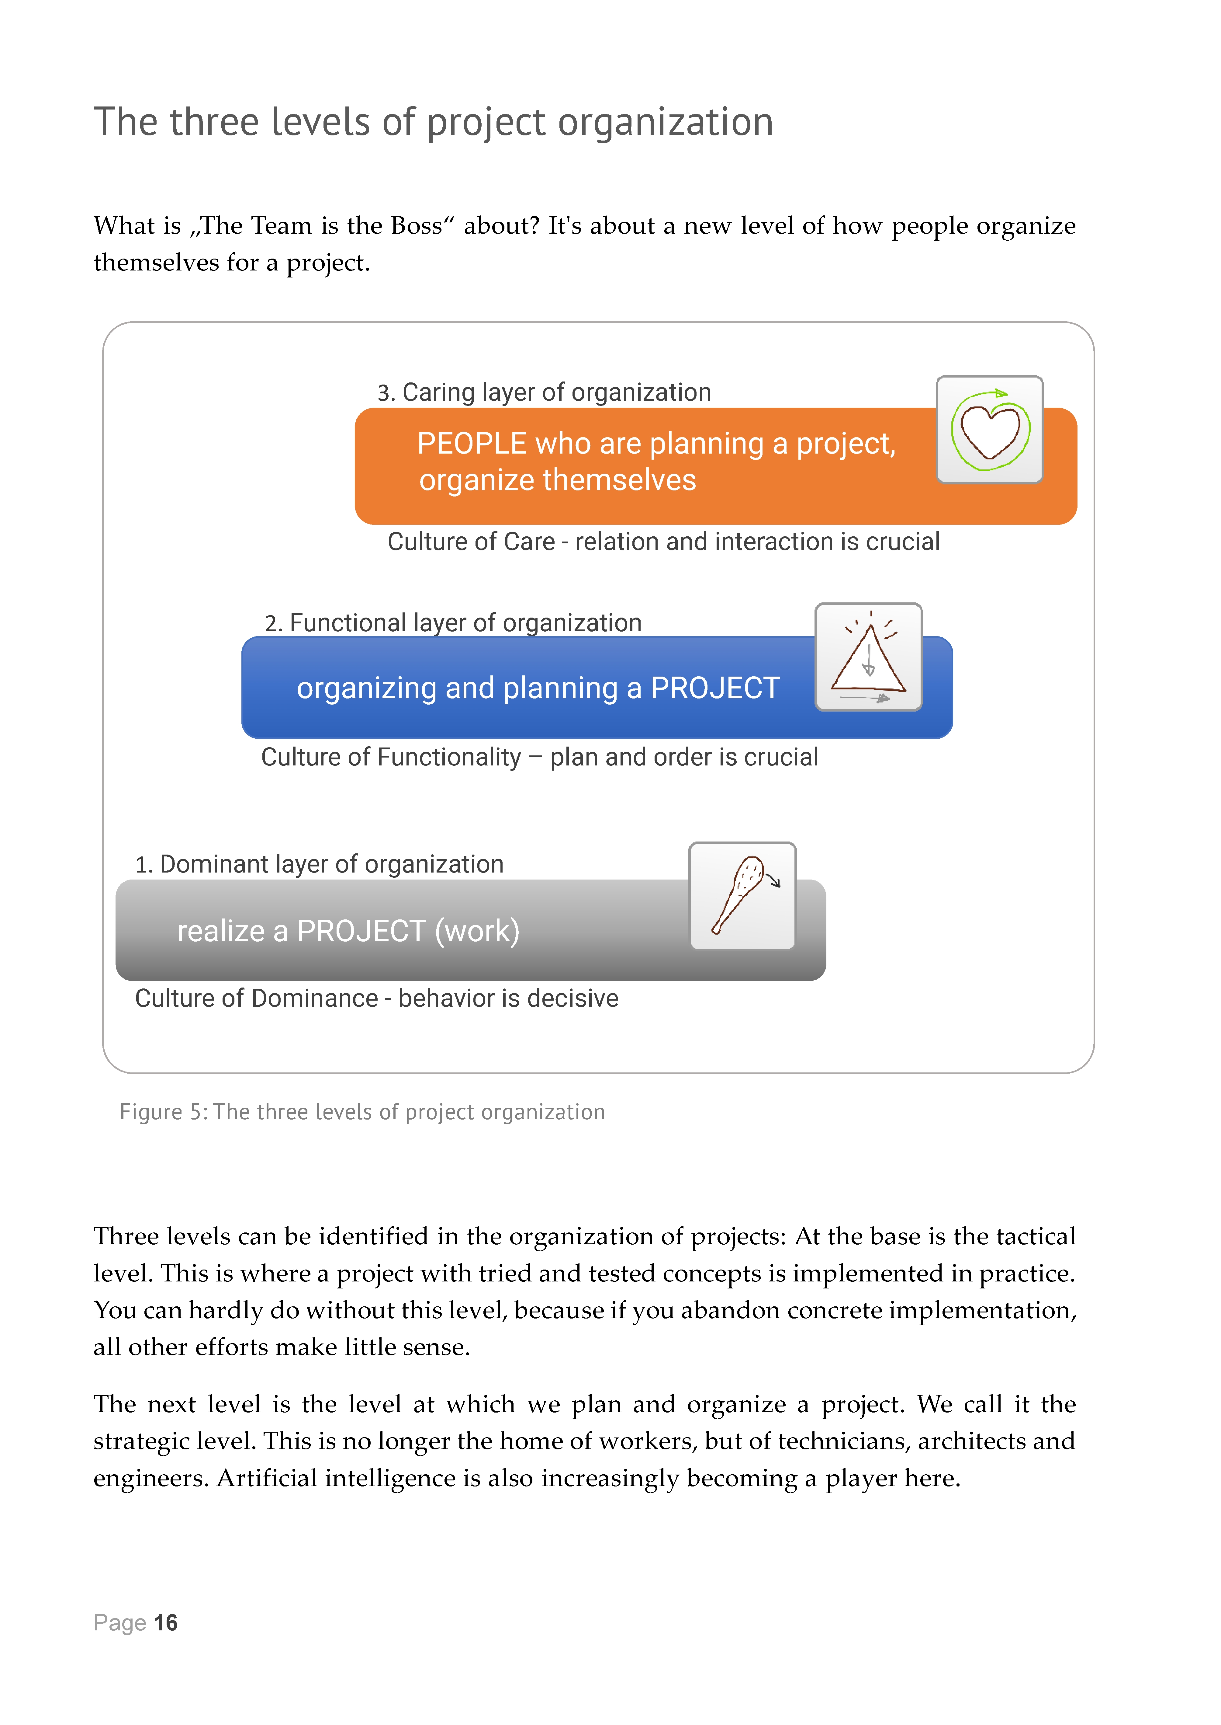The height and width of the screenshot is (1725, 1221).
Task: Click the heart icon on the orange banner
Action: [989, 430]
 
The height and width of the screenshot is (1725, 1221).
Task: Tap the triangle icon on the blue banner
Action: [868, 657]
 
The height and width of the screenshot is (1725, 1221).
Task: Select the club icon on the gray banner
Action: [742, 895]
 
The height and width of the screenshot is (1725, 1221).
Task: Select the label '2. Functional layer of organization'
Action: [453, 623]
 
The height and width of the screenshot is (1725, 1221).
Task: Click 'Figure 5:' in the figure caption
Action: [164, 1112]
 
